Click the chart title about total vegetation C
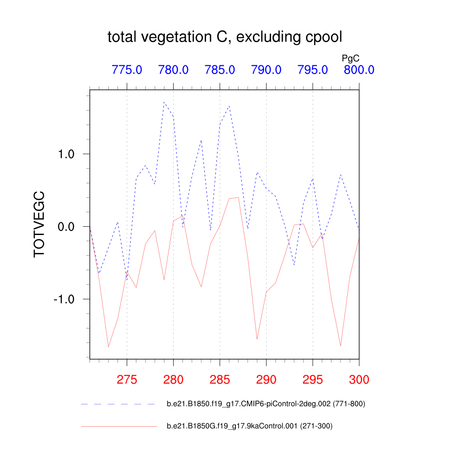point(224,37)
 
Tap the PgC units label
point(351,58)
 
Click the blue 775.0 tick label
point(127,70)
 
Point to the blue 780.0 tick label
point(173,70)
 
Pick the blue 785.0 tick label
point(220,70)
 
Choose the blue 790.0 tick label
point(266,70)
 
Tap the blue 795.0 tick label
point(313,70)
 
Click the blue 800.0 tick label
point(359,70)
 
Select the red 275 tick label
point(127,380)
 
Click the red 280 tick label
point(173,380)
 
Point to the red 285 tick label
point(220,380)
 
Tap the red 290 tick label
point(266,380)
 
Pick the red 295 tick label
point(313,380)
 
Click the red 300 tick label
point(359,380)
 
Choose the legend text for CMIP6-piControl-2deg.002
point(266,404)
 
